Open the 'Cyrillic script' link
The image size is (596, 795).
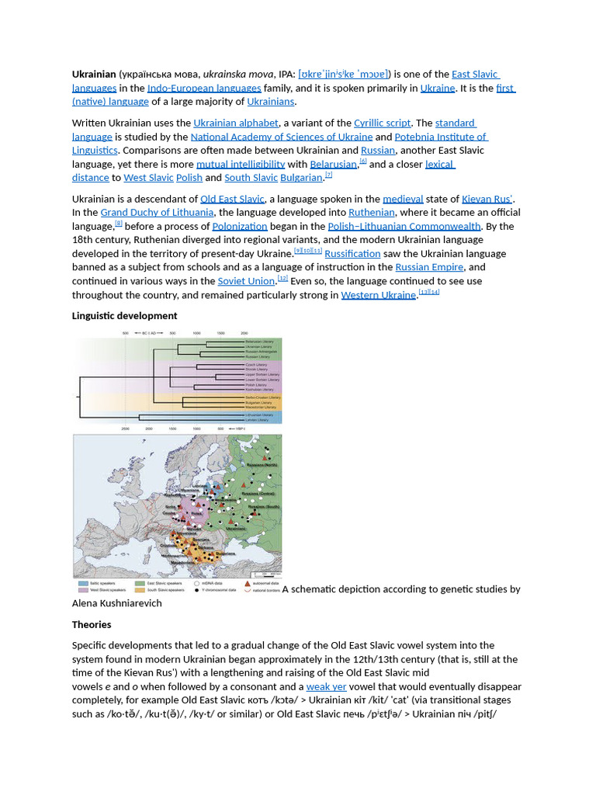click(383, 123)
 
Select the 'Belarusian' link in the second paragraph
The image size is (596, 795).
click(334, 165)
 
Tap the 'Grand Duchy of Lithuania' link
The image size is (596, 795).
click(157, 212)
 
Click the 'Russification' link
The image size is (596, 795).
click(352, 254)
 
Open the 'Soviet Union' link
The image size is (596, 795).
click(246, 281)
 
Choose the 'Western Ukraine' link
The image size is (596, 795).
click(379, 295)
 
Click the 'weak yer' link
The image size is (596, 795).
click(327, 687)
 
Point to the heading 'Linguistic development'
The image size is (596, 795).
click(124, 316)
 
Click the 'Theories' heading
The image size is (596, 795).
click(92, 625)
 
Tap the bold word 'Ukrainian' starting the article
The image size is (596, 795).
click(94, 74)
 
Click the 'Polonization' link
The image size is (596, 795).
click(240, 226)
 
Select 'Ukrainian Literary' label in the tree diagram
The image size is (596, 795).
click(259, 346)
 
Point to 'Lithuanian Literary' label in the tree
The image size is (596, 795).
click(259, 415)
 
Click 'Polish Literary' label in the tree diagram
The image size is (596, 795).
click(256, 384)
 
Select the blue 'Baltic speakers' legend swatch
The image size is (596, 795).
click(83, 581)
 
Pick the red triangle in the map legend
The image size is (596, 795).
click(247, 581)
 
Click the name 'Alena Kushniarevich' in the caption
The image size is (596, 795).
click(117, 603)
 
